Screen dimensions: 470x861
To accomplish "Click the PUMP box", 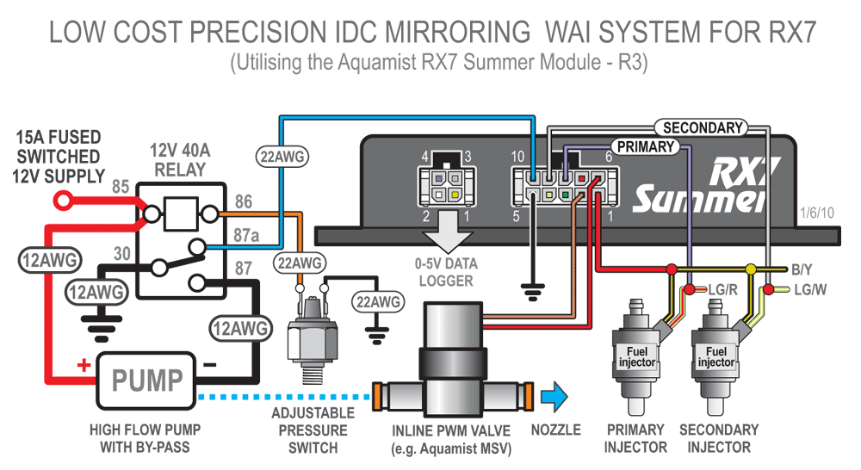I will pyautogui.click(x=148, y=380).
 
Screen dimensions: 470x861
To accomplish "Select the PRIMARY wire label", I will pyautogui.click(x=644, y=147).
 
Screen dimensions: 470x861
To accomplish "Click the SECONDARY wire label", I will pyautogui.click(x=703, y=128).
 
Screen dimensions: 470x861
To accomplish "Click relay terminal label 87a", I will pyautogui.click(x=244, y=233).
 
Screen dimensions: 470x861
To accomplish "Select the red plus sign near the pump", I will pyautogui.click(x=84, y=365).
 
